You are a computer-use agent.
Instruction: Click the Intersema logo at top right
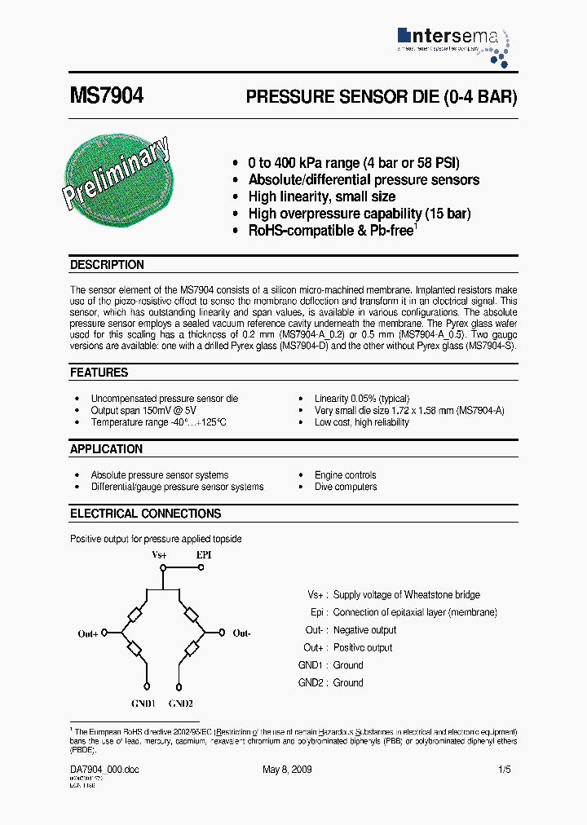coord(453,42)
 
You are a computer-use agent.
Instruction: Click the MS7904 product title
coord(107,96)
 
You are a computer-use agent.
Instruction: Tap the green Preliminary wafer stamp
coord(119,175)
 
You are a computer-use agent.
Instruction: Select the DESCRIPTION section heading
coord(107,265)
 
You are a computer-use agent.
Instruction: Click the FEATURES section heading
coord(99,373)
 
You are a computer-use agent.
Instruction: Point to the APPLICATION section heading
coord(106,449)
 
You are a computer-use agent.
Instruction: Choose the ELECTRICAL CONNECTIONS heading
coord(145,514)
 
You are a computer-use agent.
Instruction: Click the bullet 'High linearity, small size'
coord(321,196)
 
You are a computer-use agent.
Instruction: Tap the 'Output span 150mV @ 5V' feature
coord(143,411)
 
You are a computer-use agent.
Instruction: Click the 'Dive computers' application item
coord(346,487)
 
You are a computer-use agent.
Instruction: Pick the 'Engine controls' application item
coord(345,475)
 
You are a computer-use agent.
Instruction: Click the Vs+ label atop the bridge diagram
coord(160,554)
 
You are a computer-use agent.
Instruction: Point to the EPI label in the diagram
coord(204,554)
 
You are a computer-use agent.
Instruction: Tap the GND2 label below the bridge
coord(180,703)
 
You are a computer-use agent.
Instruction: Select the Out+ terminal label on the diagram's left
coord(88,633)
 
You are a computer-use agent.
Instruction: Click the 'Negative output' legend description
coord(364,630)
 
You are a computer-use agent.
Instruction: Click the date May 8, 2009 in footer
coord(286,770)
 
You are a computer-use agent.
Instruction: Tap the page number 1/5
coord(505,770)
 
